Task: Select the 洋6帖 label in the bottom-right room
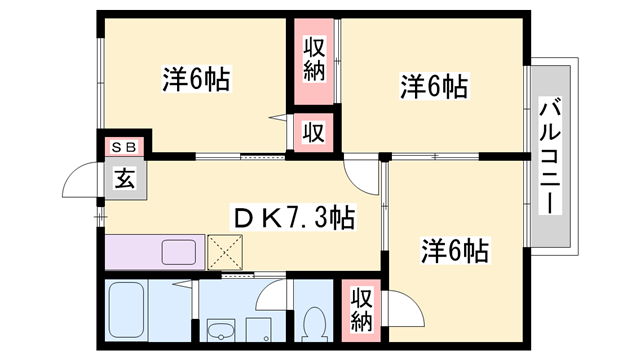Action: click(454, 250)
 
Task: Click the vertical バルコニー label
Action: click(549, 155)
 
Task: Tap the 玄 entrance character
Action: click(124, 180)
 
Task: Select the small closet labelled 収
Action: click(313, 130)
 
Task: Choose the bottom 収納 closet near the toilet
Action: click(361, 309)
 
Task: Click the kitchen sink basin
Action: click(179, 251)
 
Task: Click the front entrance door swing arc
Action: click(78, 181)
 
